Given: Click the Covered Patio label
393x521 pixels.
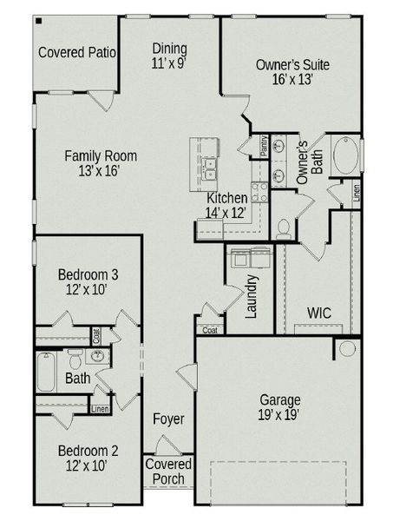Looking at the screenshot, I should pyautogui.click(x=77, y=53).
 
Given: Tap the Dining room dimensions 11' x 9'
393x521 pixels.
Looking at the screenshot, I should pyautogui.click(x=169, y=63).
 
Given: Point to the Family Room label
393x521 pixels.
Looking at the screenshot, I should pyautogui.click(x=102, y=156).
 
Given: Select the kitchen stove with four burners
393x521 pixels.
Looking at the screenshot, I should pyautogui.click(x=259, y=191).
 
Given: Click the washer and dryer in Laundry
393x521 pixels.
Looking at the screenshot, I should pyautogui.click(x=250, y=256).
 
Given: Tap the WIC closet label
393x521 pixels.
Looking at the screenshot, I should pyautogui.click(x=322, y=313).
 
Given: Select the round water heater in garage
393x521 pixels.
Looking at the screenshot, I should pyautogui.click(x=348, y=349).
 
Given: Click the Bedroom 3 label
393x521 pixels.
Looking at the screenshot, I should pyautogui.click(x=88, y=275).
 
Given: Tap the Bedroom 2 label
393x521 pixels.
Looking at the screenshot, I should pyautogui.click(x=88, y=451).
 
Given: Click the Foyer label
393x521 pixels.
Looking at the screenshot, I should pyautogui.click(x=168, y=419).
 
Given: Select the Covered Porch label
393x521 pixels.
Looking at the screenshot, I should pyautogui.click(x=168, y=472).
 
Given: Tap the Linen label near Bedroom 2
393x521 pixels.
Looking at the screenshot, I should pyautogui.click(x=100, y=408).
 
